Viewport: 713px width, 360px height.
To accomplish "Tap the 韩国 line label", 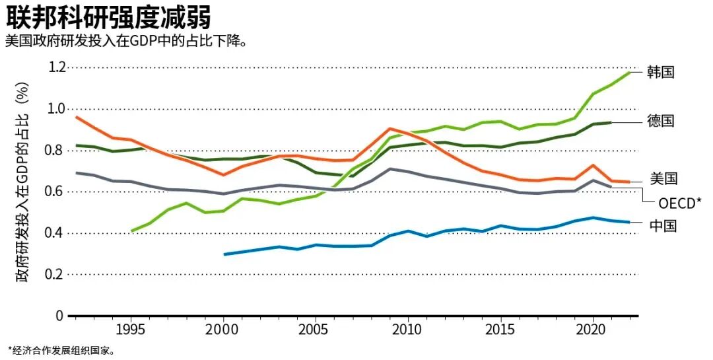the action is (661, 72).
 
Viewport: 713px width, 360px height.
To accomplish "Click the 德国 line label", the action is (661, 121).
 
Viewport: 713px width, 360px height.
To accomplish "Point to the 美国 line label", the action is (663, 178).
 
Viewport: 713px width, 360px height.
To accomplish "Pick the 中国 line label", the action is (663, 225).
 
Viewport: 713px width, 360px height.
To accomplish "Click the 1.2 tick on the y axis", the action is (57, 67).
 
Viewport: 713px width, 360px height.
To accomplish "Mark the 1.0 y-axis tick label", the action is (57, 109).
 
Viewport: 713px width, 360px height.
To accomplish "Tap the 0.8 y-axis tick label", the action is (57, 150).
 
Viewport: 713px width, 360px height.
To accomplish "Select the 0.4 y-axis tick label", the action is (57, 233).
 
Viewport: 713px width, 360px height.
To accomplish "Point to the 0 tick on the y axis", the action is (59, 315).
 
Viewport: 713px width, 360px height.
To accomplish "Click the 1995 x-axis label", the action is (131, 330).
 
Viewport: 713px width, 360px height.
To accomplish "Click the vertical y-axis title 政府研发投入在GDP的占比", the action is (22, 182).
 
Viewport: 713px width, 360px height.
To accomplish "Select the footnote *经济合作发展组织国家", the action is (61, 351).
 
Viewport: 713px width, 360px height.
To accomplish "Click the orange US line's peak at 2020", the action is (592, 165).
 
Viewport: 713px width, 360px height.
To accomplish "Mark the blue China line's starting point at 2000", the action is (224, 254).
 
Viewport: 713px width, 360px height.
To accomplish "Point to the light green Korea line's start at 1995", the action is (131, 231).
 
